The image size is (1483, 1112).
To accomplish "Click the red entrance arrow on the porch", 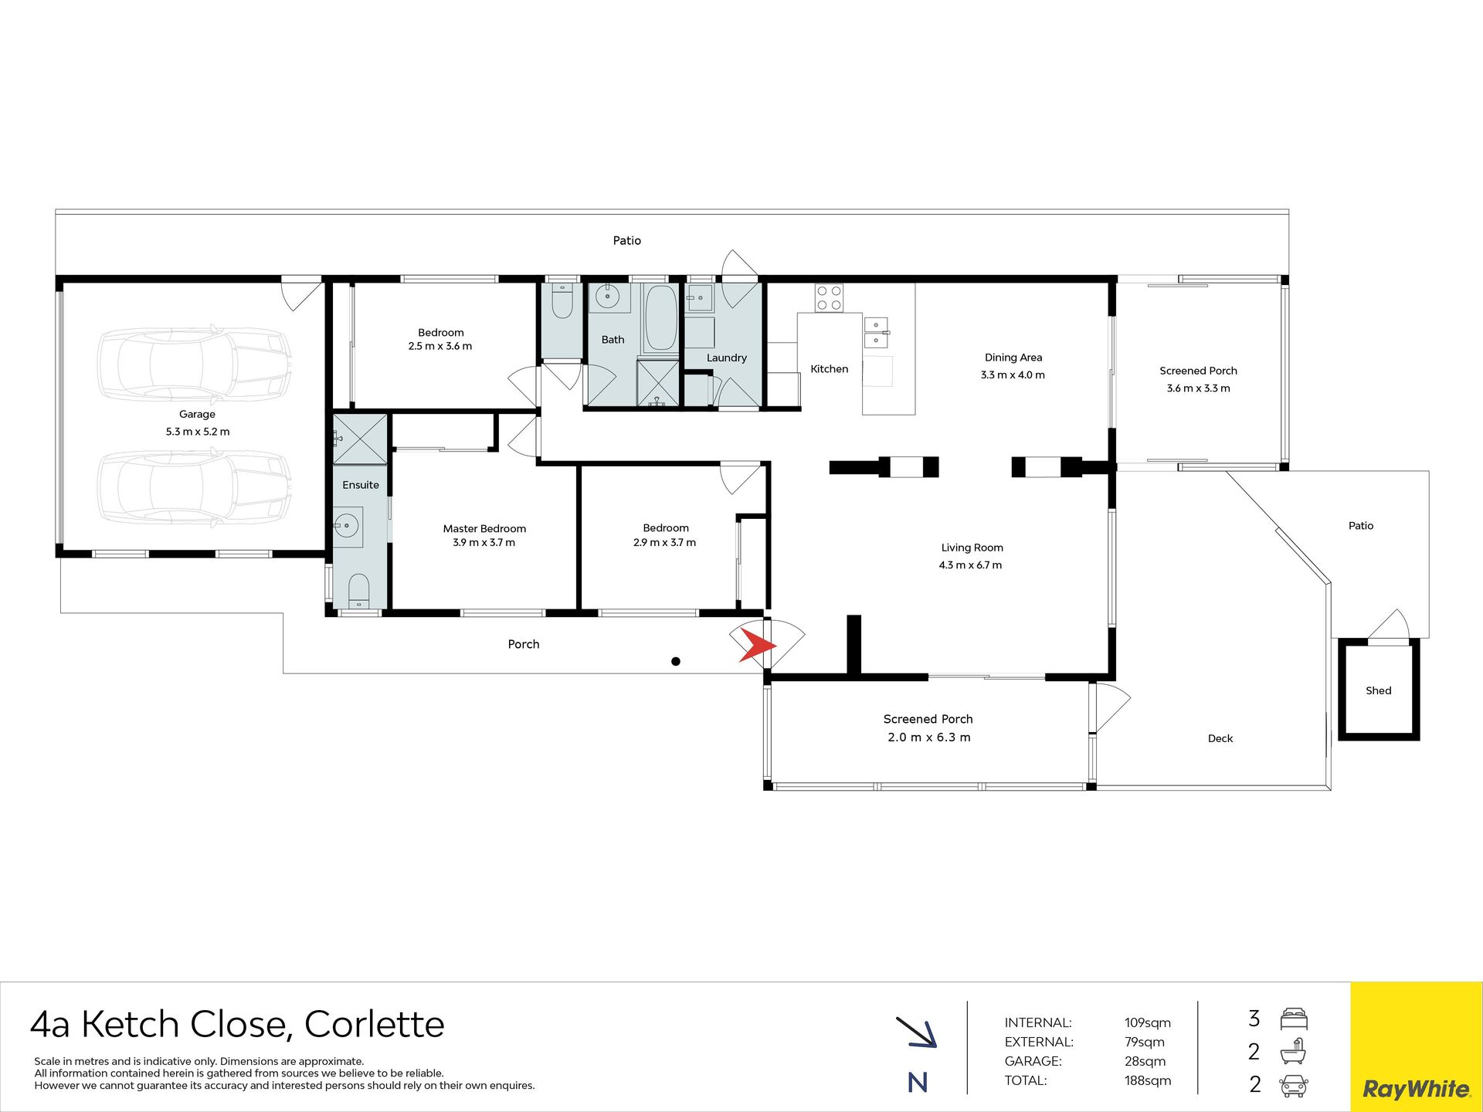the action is point(755,645).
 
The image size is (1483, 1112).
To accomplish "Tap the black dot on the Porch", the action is point(676,661).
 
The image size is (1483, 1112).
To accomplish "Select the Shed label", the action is point(1379,690).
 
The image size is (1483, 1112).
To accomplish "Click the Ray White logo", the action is point(1416,1089).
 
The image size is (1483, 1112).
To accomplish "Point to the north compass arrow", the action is point(917,1032).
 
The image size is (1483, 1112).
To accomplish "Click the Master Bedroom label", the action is point(484,528).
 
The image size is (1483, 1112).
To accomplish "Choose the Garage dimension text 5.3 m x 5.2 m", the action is point(198,432).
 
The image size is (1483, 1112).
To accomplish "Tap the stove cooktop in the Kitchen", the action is point(829,298).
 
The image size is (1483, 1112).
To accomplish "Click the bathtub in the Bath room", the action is point(661,318).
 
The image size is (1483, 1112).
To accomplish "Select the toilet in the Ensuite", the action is point(358,591).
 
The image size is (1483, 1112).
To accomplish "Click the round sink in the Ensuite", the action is point(347,527).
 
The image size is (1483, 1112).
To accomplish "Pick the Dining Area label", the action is point(1013,358).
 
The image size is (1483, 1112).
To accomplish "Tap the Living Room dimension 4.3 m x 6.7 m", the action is point(970,565).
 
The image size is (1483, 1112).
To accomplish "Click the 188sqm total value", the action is point(1148,1080).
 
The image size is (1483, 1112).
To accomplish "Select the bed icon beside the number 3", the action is point(1294,1019).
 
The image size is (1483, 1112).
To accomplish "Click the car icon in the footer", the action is point(1294,1086).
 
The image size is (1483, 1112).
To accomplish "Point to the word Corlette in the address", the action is point(375,1024).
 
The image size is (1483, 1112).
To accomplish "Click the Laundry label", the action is point(727,358).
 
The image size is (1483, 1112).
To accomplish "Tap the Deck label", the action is point(1220,738).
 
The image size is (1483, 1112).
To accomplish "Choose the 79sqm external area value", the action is point(1145,1042).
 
